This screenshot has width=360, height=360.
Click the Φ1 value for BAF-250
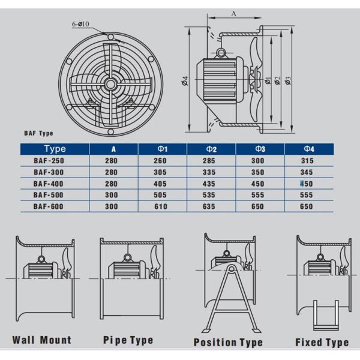click(160, 161)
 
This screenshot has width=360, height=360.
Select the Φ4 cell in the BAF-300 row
click(307, 172)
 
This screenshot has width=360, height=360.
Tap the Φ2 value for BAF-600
click(209, 206)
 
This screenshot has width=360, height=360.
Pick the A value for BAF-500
click(112, 195)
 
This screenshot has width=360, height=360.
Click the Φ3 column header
click(260, 149)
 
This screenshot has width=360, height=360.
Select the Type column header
click(55, 149)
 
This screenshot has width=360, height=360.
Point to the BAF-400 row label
click(48, 184)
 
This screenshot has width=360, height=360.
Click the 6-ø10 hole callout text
click(80, 24)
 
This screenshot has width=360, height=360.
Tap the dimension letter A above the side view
click(233, 14)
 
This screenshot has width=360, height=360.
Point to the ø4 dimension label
click(185, 81)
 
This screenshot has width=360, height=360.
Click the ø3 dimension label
click(288, 81)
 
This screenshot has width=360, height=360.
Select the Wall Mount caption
click(42, 340)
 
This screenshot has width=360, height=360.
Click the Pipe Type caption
click(128, 340)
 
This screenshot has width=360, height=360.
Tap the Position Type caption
click(228, 343)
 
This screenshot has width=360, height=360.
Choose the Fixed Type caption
click(322, 343)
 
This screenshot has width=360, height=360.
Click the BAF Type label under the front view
click(38, 133)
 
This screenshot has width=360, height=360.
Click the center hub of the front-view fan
click(110, 84)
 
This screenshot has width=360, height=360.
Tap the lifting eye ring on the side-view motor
click(221, 53)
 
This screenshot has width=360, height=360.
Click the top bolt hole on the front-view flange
click(110, 37)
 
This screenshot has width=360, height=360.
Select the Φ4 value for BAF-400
click(307, 184)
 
